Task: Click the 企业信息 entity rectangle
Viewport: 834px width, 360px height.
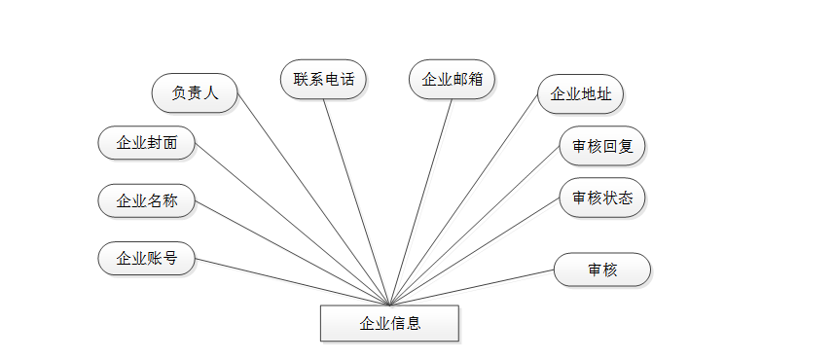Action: [x=389, y=323]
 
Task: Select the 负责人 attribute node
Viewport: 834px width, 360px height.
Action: [x=195, y=93]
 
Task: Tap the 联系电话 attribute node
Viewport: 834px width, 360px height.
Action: [x=323, y=79]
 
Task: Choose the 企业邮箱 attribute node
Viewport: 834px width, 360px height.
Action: [x=453, y=80]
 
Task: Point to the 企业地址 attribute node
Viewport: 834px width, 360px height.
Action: [x=580, y=94]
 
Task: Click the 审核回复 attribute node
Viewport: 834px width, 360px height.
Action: [x=602, y=147]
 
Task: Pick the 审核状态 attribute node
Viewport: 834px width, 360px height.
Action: [x=602, y=198]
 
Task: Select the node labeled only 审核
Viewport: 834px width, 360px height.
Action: [x=602, y=270]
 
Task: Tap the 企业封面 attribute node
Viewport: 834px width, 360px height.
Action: [x=147, y=143]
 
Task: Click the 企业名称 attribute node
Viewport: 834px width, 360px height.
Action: [x=147, y=201]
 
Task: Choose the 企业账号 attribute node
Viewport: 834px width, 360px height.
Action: [x=147, y=258]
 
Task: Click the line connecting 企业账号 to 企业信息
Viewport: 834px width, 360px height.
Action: [x=292, y=282]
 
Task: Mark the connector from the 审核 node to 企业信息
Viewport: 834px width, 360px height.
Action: [x=472, y=288]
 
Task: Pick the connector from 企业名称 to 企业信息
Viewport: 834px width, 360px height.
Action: [x=292, y=253]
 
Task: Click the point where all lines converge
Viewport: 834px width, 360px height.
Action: [x=389, y=306]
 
